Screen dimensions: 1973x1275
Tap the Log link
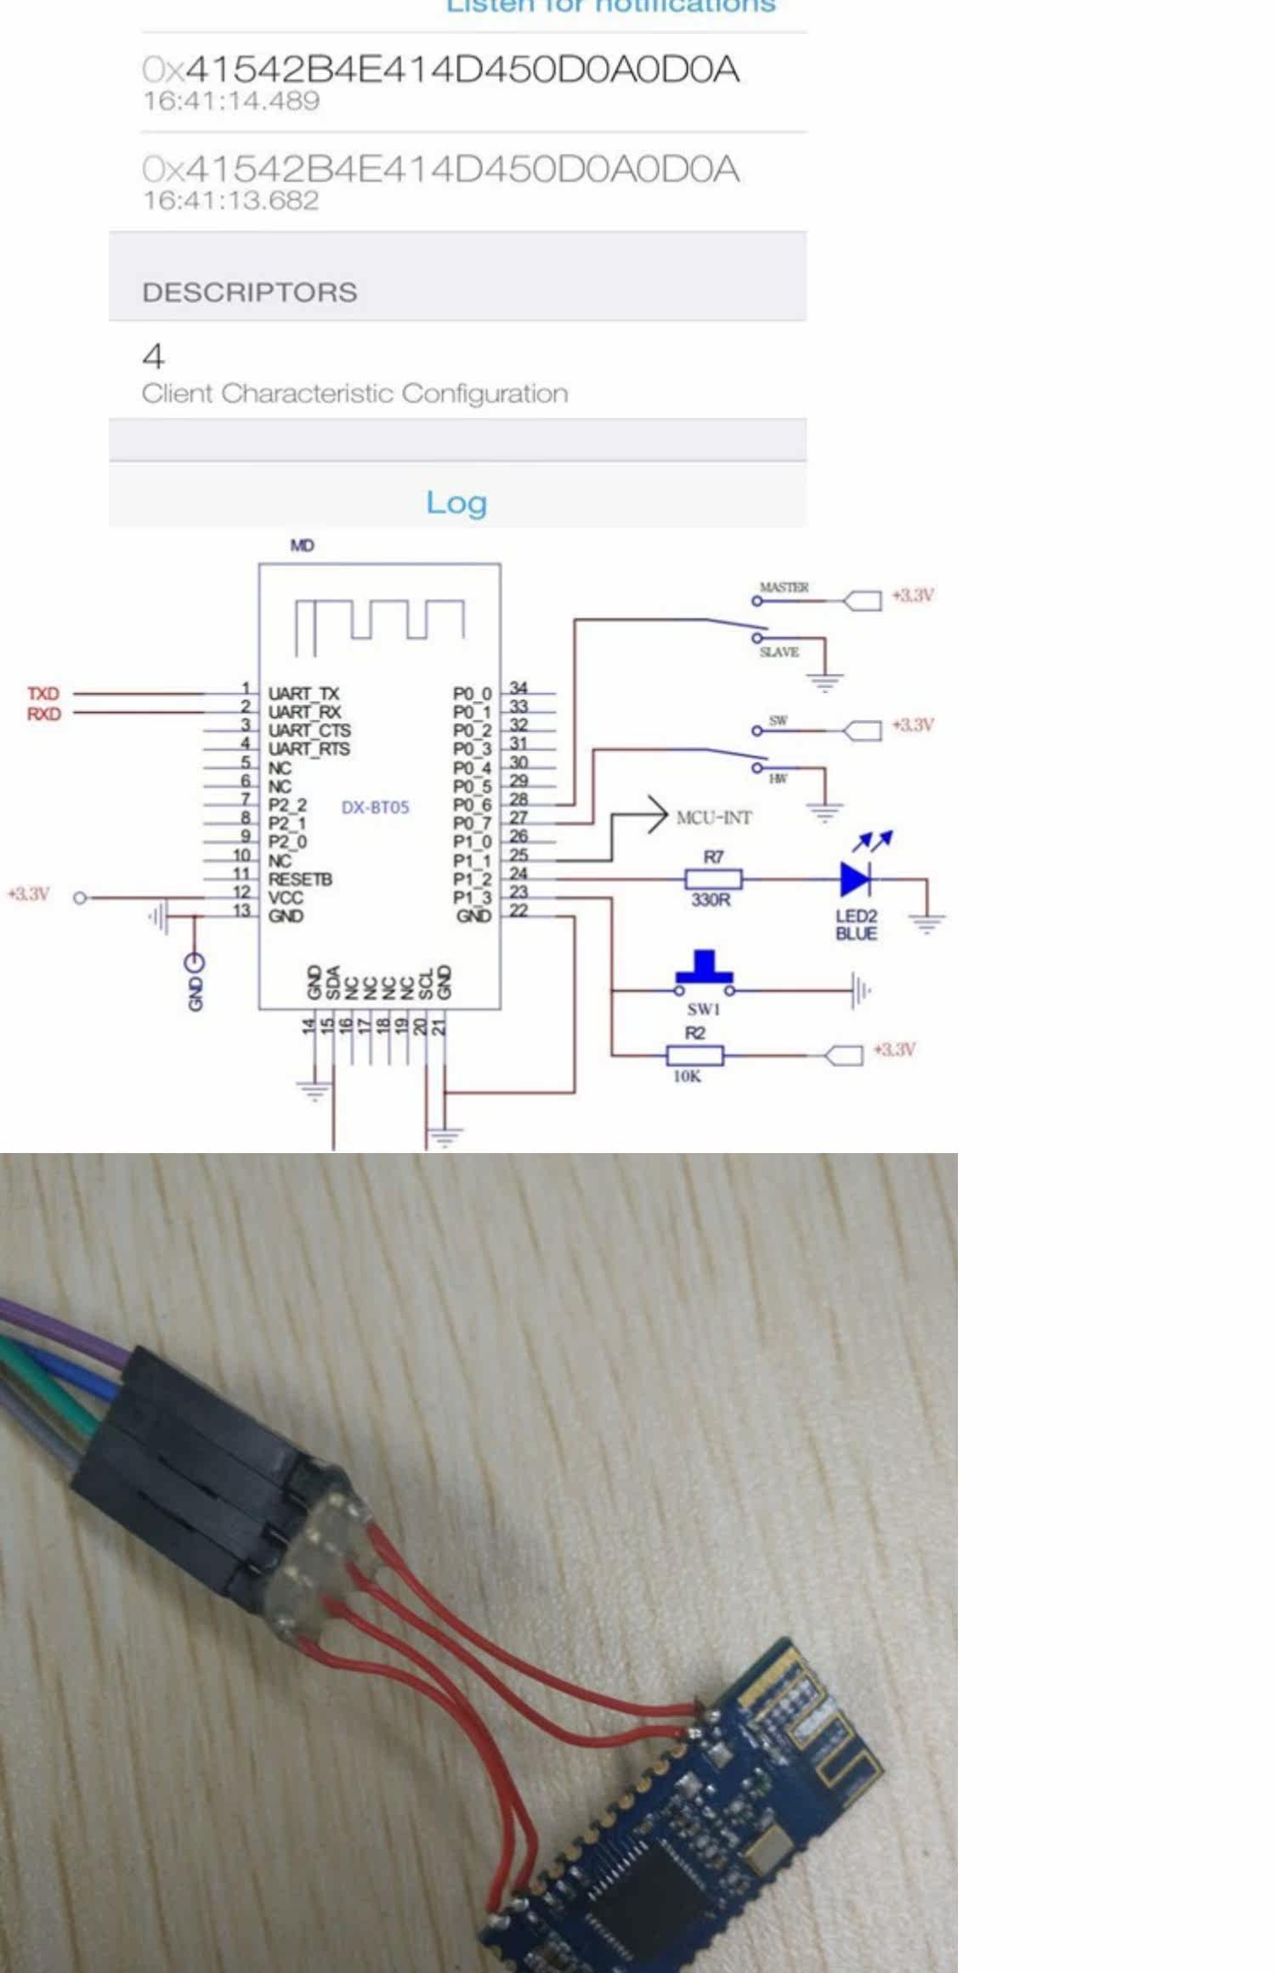(x=456, y=502)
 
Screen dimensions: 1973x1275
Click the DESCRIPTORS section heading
(x=250, y=292)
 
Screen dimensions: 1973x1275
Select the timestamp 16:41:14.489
(x=231, y=101)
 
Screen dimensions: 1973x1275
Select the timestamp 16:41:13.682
(x=230, y=201)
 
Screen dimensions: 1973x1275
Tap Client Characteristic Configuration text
(x=354, y=393)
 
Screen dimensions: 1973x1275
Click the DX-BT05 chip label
(x=375, y=807)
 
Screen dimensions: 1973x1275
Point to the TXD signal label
(x=43, y=693)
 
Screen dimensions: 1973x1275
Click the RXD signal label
(x=43, y=714)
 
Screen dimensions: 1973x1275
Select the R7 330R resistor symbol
(x=713, y=879)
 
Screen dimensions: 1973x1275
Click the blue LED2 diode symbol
(x=854, y=879)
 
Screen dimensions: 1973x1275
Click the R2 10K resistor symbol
(x=695, y=1055)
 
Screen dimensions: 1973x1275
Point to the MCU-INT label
(x=714, y=817)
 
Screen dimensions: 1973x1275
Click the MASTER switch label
(x=784, y=587)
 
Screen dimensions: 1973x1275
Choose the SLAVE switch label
(x=779, y=652)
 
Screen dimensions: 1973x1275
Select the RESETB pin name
(x=300, y=879)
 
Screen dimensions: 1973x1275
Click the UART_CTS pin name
(x=309, y=731)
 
